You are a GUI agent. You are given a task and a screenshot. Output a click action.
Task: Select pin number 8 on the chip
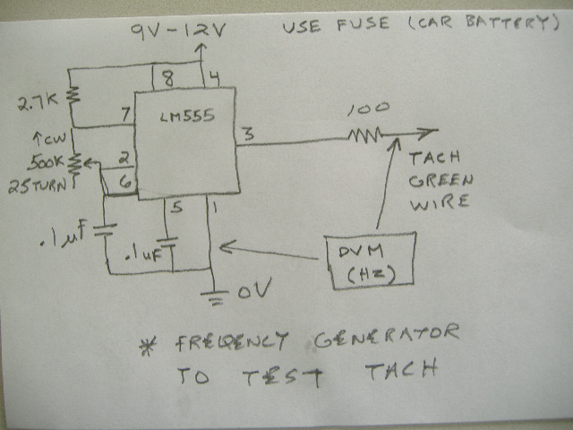click(169, 77)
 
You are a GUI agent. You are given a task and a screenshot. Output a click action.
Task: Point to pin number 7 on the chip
click(126, 115)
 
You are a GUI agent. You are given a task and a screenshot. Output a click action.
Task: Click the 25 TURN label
click(37, 186)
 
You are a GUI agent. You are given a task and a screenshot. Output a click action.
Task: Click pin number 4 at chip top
click(212, 78)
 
